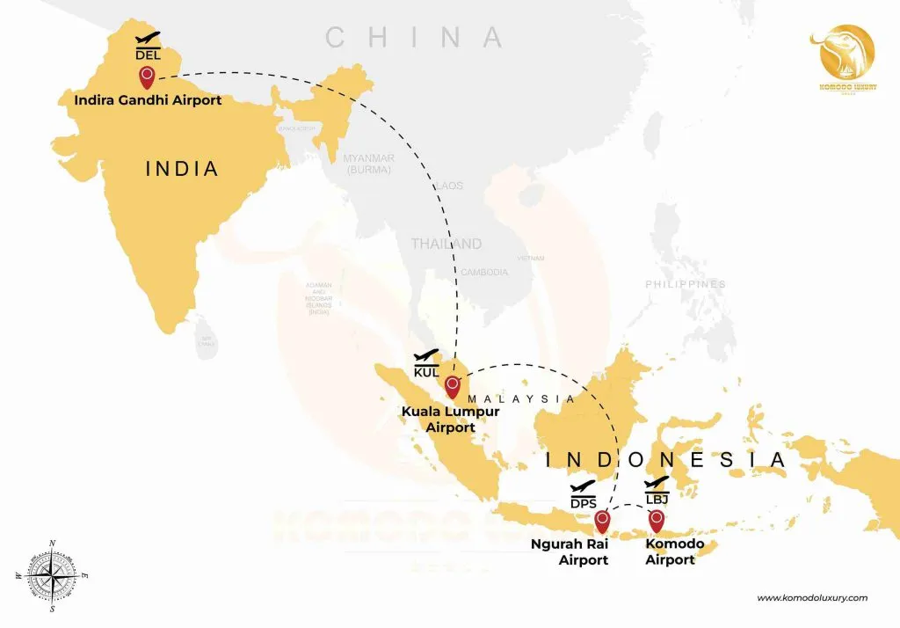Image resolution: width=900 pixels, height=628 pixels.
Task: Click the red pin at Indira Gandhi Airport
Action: [x=147, y=77]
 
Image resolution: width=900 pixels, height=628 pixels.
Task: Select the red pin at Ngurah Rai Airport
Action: [x=602, y=521]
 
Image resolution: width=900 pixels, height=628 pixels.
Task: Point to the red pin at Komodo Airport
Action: [x=656, y=521]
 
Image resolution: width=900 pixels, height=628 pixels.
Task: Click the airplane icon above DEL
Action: [x=148, y=38]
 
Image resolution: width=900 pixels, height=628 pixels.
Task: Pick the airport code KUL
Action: [x=426, y=370]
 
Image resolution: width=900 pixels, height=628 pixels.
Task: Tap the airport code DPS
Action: [x=584, y=502]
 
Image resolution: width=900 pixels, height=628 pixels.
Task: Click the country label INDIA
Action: [x=181, y=168]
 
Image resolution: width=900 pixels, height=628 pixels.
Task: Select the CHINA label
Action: [x=414, y=38]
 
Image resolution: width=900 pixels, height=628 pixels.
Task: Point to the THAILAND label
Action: [x=446, y=244]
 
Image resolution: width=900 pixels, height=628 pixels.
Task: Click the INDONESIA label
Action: [x=664, y=460]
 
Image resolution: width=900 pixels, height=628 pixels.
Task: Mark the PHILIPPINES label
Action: [x=686, y=285]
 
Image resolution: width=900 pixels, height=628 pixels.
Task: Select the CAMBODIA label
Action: [x=484, y=273]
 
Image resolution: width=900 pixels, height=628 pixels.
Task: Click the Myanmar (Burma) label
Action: [x=369, y=163]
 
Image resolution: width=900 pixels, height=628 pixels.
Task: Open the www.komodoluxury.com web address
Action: [x=811, y=598]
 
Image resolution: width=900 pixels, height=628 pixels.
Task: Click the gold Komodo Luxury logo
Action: [x=846, y=56]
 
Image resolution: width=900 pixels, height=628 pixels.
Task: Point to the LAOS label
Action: [x=448, y=186]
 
